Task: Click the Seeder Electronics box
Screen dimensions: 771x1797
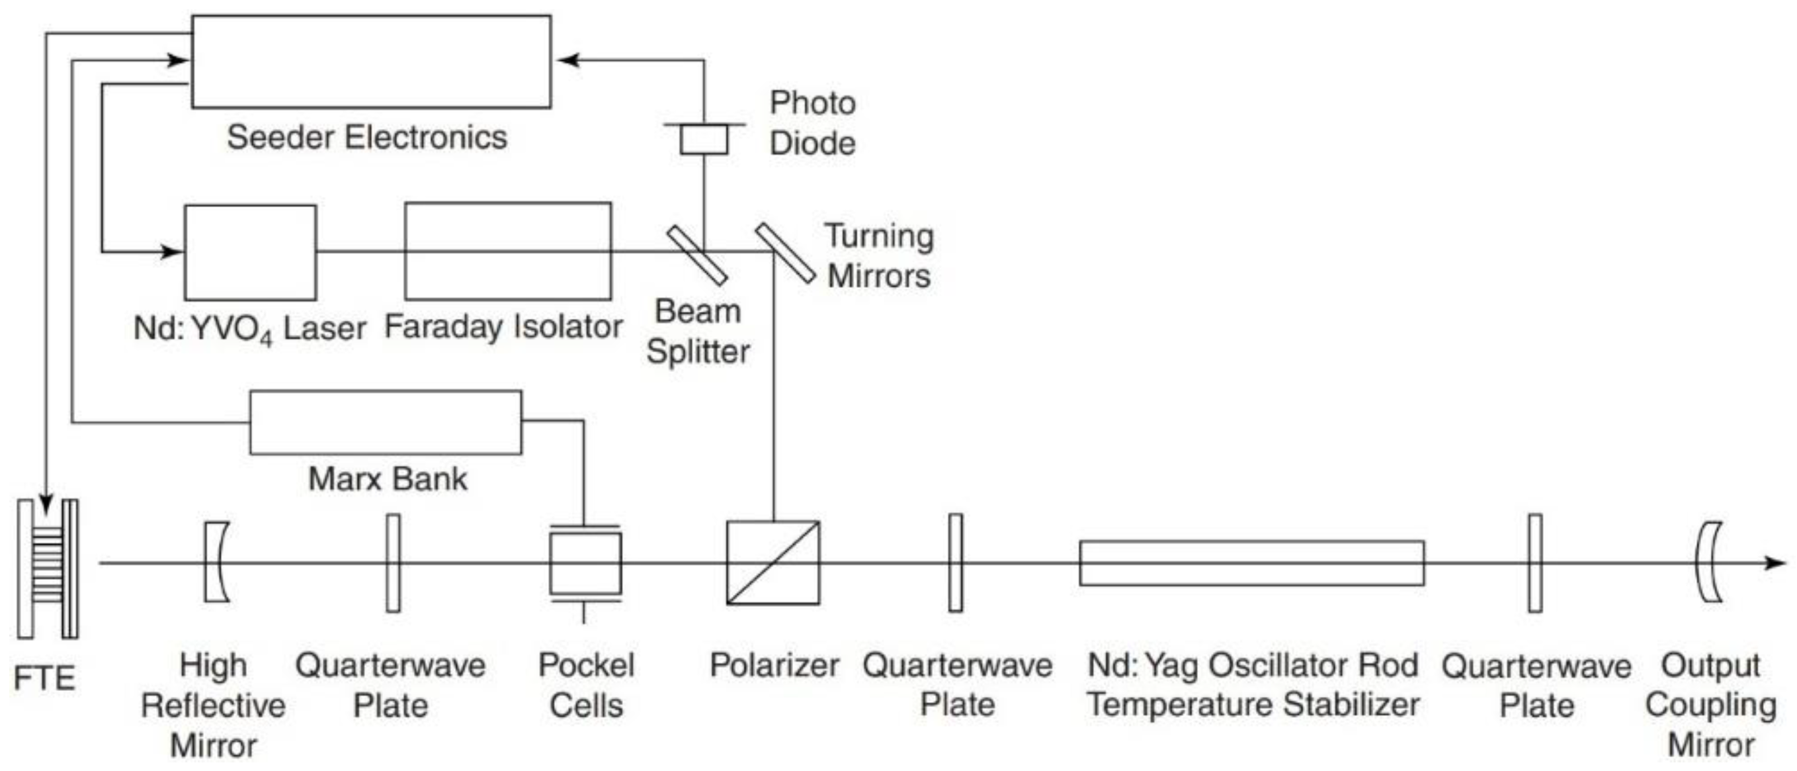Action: click(371, 62)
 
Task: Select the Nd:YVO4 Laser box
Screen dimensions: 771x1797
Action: click(250, 252)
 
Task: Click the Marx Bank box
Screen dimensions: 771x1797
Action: click(385, 422)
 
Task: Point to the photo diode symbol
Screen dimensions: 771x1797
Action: click(704, 139)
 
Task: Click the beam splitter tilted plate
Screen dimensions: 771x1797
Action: click(697, 255)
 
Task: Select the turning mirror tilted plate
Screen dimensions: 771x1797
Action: click(785, 253)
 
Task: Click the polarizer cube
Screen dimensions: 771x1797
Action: click(773, 563)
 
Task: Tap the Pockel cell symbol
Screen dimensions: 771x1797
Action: click(585, 563)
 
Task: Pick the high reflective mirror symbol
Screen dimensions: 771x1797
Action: click(216, 562)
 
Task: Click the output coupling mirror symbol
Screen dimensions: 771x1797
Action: click(1708, 562)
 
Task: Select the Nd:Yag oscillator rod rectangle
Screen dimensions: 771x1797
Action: click(1251, 563)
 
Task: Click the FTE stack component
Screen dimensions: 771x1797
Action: click(48, 568)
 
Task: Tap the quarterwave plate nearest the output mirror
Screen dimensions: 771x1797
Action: click(1534, 563)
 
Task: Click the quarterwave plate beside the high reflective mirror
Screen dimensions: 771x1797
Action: click(394, 563)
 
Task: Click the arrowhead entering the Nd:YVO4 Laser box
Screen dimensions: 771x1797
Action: click(171, 251)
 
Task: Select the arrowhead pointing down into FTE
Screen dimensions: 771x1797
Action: click(46, 504)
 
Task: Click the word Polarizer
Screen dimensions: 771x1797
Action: click(774, 665)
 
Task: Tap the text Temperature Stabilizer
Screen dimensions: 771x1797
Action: click(1253, 705)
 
